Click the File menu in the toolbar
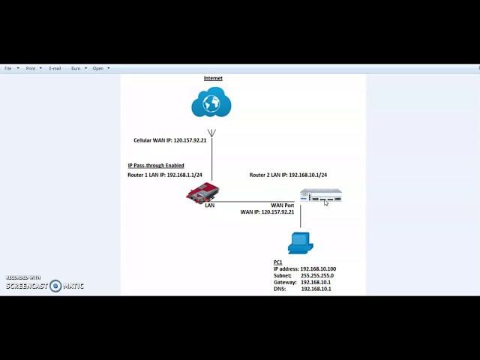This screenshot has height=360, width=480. tap(8, 68)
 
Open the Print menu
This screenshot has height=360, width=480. tap(31, 68)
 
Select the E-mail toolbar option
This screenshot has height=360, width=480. tap(55, 68)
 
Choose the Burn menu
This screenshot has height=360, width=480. tap(76, 68)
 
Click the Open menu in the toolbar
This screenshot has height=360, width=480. tap(98, 68)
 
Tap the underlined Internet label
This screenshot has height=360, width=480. tap(213, 78)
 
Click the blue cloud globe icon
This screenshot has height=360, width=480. tap(211, 103)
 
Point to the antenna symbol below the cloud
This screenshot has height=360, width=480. tap(211, 133)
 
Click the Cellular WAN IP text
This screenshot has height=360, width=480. tap(169, 140)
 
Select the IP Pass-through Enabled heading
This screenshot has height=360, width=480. tap(155, 166)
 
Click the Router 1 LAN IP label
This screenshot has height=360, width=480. tap(164, 175)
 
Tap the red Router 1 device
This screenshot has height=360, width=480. tap(202, 193)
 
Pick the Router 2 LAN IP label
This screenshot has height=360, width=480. tap(288, 175)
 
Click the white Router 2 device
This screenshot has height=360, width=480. tap(320, 196)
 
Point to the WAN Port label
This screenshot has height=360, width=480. tap(282, 205)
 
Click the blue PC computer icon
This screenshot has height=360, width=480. tap(300, 243)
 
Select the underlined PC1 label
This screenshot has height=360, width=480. tap(277, 262)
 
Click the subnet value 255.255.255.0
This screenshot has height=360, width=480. tap(317, 275)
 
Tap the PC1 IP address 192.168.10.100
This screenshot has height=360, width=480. tap(318, 268)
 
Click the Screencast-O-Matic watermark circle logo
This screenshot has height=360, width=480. tap(55, 286)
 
